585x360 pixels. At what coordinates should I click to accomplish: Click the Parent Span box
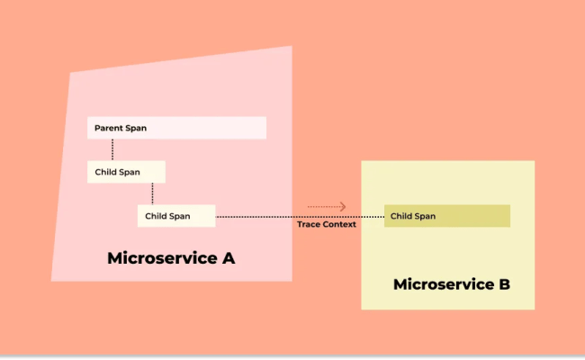point(176,128)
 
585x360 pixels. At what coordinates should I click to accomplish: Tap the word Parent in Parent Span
point(109,128)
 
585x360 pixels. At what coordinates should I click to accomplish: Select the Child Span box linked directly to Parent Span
point(126,172)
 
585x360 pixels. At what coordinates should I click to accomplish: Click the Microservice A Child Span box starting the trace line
point(176,216)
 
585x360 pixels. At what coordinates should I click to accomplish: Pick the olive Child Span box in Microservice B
point(447,216)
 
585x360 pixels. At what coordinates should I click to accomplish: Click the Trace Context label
point(327,224)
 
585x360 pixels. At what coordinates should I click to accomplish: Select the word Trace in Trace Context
point(308,224)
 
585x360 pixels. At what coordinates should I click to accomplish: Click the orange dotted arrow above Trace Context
point(326,207)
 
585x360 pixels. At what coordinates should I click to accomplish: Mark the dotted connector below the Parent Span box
point(112,150)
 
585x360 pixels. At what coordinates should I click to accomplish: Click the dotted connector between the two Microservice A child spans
point(152,193)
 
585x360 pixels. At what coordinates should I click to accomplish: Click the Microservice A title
point(171,258)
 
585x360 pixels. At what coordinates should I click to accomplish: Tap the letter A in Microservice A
point(228,258)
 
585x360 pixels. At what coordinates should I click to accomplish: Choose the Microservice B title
point(452,284)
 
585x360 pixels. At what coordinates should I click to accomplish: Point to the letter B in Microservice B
point(504,284)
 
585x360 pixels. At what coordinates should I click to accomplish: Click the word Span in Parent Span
point(136,128)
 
